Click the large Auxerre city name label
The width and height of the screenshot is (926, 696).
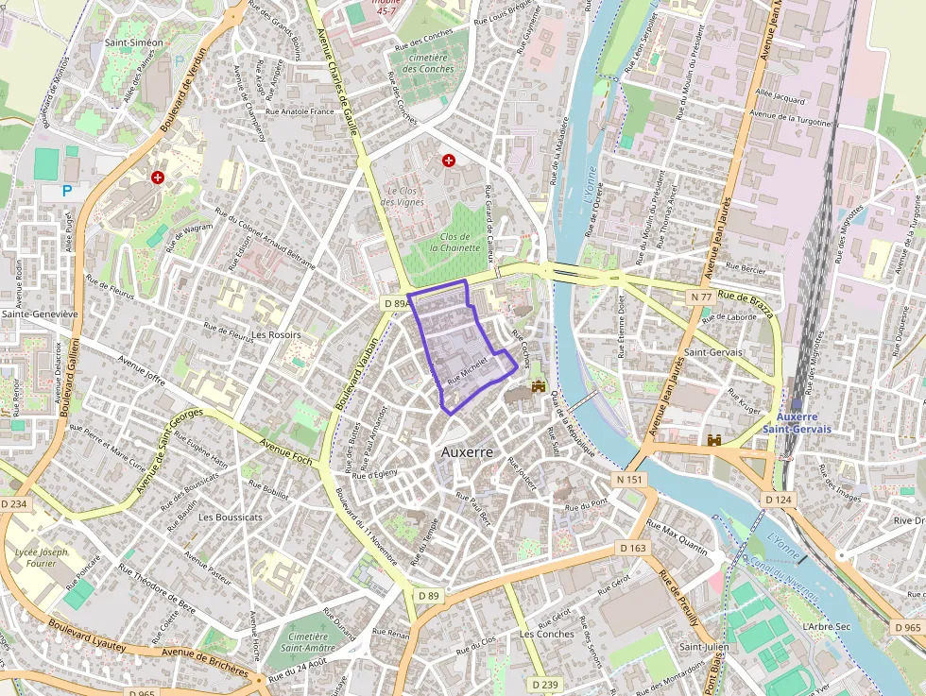point(467,452)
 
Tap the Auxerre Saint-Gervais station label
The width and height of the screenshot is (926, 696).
point(804,422)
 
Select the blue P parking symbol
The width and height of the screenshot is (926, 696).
point(67,191)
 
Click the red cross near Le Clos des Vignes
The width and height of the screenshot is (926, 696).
point(449,161)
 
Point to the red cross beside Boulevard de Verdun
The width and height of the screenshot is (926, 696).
point(158,177)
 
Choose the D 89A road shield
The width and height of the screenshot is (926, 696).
point(396,303)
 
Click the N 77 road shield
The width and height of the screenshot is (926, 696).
point(701,297)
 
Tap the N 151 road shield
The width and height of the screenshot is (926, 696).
point(629,480)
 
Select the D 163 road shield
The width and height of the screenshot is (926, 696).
point(633,548)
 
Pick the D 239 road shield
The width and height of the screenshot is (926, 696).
point(544,684)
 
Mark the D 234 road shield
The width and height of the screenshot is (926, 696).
point(14,504)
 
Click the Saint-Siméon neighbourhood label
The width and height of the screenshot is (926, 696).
point(134,42)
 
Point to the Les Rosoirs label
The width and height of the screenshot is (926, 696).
point(276,335)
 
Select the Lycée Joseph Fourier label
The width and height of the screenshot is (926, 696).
point(42,557)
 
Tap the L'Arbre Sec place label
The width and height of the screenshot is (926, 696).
point(826,626)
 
